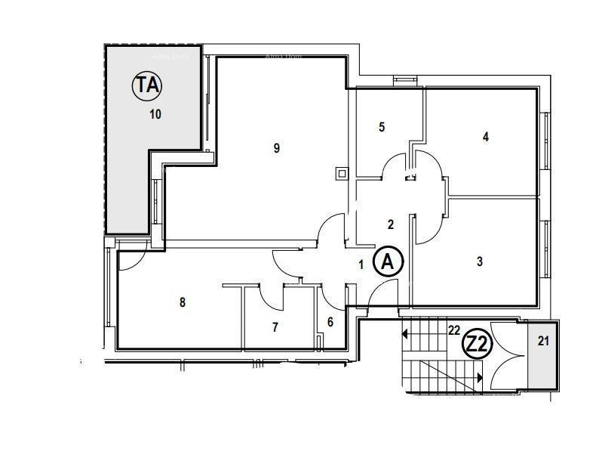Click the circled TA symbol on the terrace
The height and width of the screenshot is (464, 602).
(x=148, y=85)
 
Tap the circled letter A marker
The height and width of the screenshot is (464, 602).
(x=389, y=261)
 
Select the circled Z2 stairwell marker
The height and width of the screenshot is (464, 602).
(x=477, y=345)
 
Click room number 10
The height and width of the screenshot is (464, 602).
(x=155, y=115)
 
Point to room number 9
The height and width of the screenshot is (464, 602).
(x=277, y=148)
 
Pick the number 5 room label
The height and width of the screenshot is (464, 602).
(x=382, y=127)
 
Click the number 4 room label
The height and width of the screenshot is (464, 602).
(x=486, y=137)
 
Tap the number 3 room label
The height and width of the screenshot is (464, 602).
(x=480, y=262)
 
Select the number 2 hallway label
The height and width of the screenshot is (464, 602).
(x=390, y=224)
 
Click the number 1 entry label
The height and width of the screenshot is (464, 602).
(x=361, y=264)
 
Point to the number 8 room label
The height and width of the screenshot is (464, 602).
(x=182, y=303)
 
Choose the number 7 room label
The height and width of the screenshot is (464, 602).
(x=275, y=327)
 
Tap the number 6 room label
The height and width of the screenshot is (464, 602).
(x=330, y=322)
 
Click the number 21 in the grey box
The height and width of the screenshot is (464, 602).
(x=543, y=341)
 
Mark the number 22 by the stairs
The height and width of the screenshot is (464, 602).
(x=453, y=329)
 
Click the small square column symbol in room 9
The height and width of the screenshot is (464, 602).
(x=342, y=174)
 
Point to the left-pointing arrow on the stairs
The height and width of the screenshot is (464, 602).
(x=406, y=333)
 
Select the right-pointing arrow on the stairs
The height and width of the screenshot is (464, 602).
(x=480, y=376)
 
